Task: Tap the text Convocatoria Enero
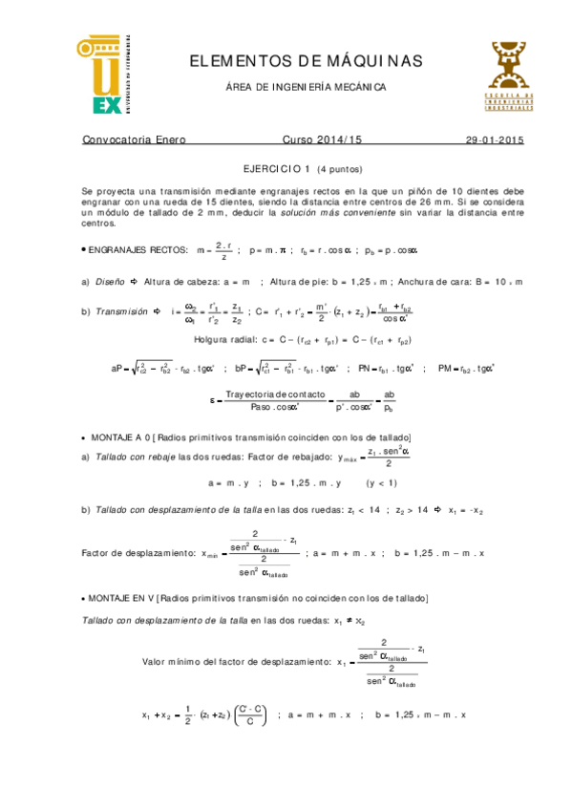(134, 140)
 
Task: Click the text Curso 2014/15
(323, 140)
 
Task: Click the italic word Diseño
(112, 282)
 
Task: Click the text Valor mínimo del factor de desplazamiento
(233, 661)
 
